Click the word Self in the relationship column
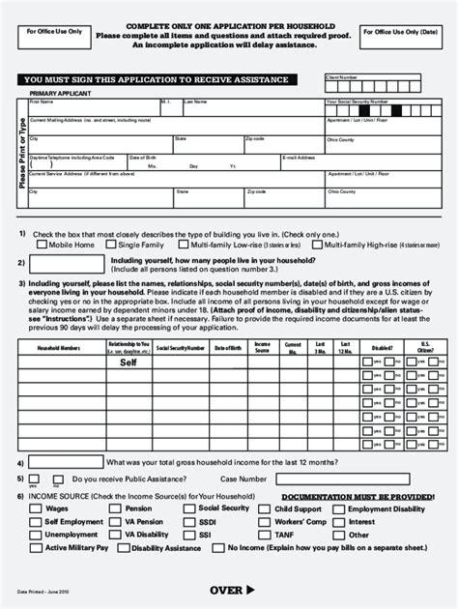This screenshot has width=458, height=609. [x=129, y=364]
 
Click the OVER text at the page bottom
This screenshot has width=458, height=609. [x=232, y=590]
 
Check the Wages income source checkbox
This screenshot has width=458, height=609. [x=37, y=508]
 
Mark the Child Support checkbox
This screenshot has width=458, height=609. [x=266, y=508]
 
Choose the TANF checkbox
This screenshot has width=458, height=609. [x=266, y=535]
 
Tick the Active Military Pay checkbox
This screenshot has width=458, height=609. [x=37, y=547]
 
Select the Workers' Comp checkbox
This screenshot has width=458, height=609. [x=266, y=522]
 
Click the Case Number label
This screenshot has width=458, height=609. [x=243, y=478]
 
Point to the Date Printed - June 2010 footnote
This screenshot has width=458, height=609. [x=43, y=591]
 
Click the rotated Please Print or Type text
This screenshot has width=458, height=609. [x=21, y=155]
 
